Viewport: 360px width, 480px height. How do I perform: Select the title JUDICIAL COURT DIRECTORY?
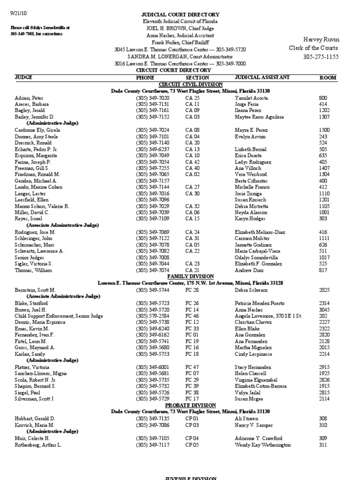(x=180, y=15)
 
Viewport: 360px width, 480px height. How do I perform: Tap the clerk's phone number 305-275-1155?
(x=321, y=57)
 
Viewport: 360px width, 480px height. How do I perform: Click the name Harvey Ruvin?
(x=321, y=39)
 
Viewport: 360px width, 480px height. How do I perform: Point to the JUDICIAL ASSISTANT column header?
(x=262, y=77)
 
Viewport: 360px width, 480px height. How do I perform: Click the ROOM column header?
(x=328, y=77)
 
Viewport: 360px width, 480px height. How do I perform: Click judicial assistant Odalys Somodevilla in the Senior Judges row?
(x=256, y=257)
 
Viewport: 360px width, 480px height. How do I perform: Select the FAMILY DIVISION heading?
(x=189, y=277)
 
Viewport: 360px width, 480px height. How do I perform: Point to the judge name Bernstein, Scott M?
(x=35, y=290)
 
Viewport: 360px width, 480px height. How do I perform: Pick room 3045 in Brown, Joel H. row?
(x=324, y=310)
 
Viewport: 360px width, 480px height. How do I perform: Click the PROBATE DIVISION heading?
(x=190, y=405)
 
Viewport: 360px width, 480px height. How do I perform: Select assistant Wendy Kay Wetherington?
(x=262, y=445)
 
